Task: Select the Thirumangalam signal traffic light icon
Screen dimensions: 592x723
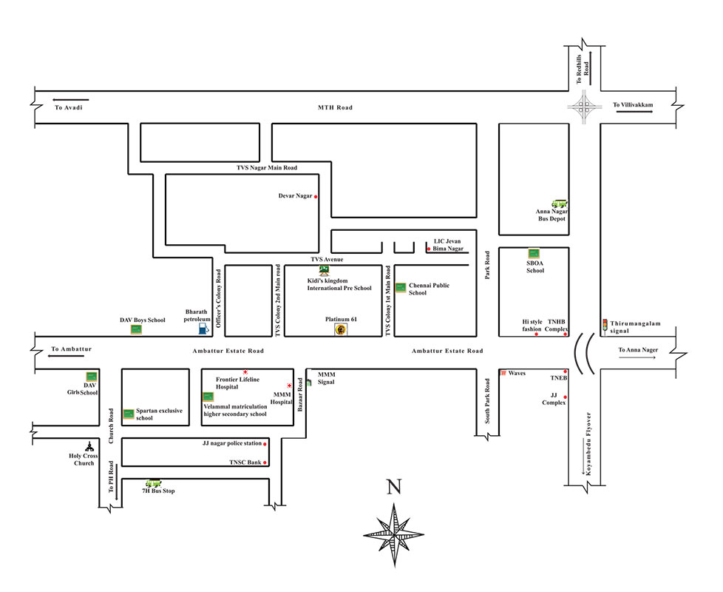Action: (x=605, y=324)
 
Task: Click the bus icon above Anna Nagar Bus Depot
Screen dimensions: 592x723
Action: (x=560, y=203)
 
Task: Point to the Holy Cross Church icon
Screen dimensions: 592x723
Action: (x=89, y=446)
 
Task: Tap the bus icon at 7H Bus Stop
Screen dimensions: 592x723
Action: (x=154, y=482)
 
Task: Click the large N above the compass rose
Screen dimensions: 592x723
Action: (x=394, y=486)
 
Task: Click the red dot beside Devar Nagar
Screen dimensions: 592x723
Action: (x=316, y=197)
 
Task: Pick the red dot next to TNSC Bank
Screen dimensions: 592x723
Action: (x=265, y=463)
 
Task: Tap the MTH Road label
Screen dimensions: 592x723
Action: (x=335, y=108)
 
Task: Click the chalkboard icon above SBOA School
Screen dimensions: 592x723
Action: (x=534, y=253)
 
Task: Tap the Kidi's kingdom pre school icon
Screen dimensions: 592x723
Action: (x=324, y=272)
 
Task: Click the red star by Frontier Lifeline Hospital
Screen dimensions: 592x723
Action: (x=245, y=371)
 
